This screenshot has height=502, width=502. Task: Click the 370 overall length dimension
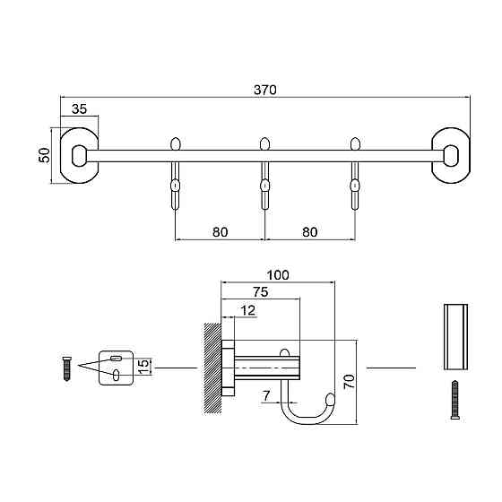(265, 90)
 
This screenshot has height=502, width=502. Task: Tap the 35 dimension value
(79, 109)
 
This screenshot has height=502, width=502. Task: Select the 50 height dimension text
(45, 156)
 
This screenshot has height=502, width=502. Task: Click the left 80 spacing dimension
(221, 232)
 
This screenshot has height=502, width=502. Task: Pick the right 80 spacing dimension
(310, 232)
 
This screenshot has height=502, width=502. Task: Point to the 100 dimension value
(278, 275)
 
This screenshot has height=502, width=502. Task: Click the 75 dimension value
(261, 292)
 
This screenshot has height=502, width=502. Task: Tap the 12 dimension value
(247, 310)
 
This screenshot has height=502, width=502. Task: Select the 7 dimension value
(266, 396)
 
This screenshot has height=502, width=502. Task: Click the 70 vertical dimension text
(350, 381)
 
